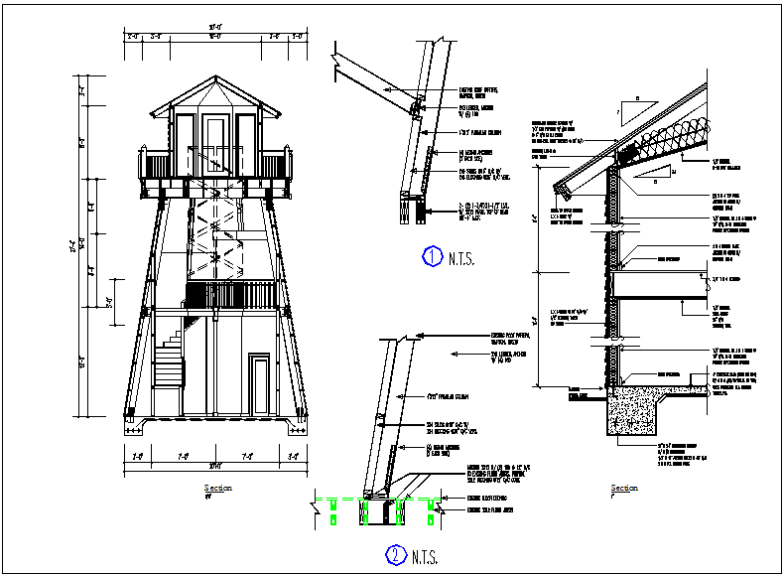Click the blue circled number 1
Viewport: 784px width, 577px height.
pos(432,257)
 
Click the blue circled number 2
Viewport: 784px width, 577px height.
pos(394,555)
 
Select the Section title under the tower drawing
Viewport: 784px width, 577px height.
pos(217,488)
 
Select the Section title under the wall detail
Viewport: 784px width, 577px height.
pos(624,488)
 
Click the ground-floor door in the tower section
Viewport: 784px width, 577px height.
pos(260,385)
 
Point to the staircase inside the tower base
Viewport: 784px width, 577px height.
pos(172,362)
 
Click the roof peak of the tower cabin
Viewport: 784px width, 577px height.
pos(214,78)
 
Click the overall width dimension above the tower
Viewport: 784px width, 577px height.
pos(215,27)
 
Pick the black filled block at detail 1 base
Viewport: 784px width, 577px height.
pos(423,213)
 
